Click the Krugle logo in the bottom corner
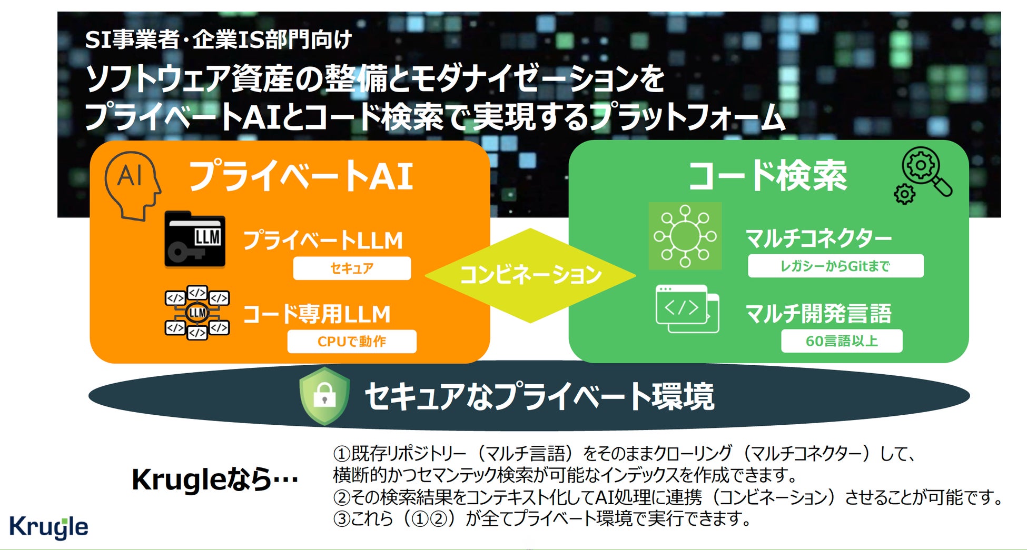[48, 527]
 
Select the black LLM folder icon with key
[195, 239]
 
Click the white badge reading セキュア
[352, 268]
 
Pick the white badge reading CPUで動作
[352, 342]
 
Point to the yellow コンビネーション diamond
[530, 275]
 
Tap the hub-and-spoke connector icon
[685, 236]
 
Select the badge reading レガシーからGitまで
[835, 266]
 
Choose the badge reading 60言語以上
[842, 341]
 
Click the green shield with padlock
[324, 396]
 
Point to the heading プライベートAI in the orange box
[301, 176]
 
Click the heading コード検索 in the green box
[767, 176]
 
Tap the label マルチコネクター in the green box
[818, 238]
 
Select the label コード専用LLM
[317, 314]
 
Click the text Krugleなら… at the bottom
[215, 479]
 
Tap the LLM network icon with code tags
[197, 313]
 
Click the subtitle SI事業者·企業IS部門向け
[218, 40]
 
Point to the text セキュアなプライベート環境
[539, 396]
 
